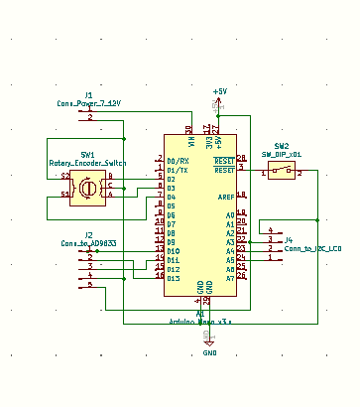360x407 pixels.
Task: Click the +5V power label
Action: (219, 91)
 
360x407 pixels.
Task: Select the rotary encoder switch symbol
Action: (88, 186)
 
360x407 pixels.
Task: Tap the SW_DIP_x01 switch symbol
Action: (283, 173)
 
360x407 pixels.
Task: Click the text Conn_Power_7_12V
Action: (89, 102)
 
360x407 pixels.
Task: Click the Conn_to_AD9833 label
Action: (88, 242)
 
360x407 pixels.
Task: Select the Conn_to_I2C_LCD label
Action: (312, 247)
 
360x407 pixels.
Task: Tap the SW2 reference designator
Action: (283, 146)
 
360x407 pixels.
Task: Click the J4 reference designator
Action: (289, 239)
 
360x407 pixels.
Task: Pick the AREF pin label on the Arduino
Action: (226, 197)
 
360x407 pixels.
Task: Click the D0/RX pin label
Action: (177, 161)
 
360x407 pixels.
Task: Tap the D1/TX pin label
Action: (177, 170)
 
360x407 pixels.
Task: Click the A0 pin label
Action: (229, 214)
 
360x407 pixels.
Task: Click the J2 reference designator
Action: (89, 234)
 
